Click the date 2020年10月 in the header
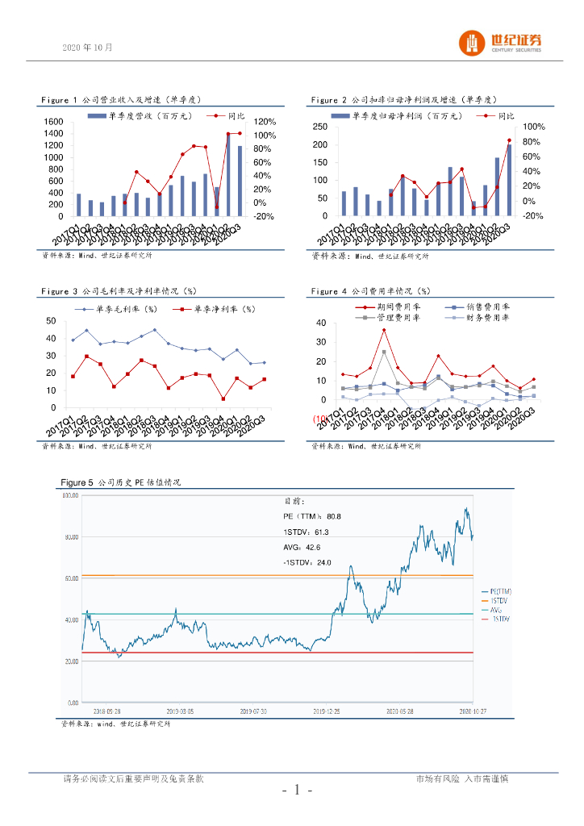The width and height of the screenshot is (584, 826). pos(88,48)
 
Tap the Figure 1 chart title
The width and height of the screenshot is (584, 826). pos(121,100)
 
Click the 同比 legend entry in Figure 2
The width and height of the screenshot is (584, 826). pos(506,116)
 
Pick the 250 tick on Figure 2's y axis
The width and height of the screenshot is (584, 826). pos(320,127)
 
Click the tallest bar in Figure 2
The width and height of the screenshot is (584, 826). pos(508,180)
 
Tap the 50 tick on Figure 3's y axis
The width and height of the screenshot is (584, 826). pos(52,320)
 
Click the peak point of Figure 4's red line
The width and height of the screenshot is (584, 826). pos(384,330)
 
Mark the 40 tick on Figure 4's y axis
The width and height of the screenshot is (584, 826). pos(320,323)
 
